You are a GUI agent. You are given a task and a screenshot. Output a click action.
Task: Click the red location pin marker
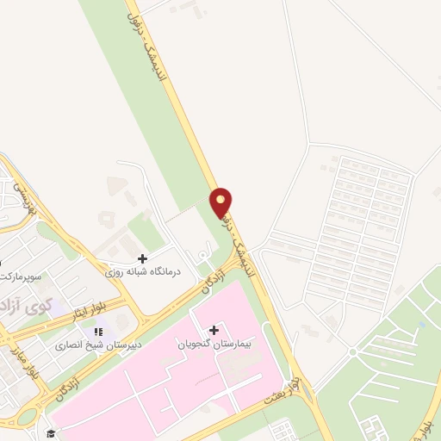(x=221, y=202)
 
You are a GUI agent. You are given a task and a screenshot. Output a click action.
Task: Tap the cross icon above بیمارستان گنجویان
(x=214, y=330)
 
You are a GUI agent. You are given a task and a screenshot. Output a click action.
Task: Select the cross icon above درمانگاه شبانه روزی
(x=142, y=258)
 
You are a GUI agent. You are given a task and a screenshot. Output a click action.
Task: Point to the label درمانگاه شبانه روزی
(x=144, y=271)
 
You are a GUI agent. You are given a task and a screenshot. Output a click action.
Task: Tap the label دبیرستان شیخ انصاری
(x=91, y=345)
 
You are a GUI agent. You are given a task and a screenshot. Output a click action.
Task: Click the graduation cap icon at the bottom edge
(x=52, y=433)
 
